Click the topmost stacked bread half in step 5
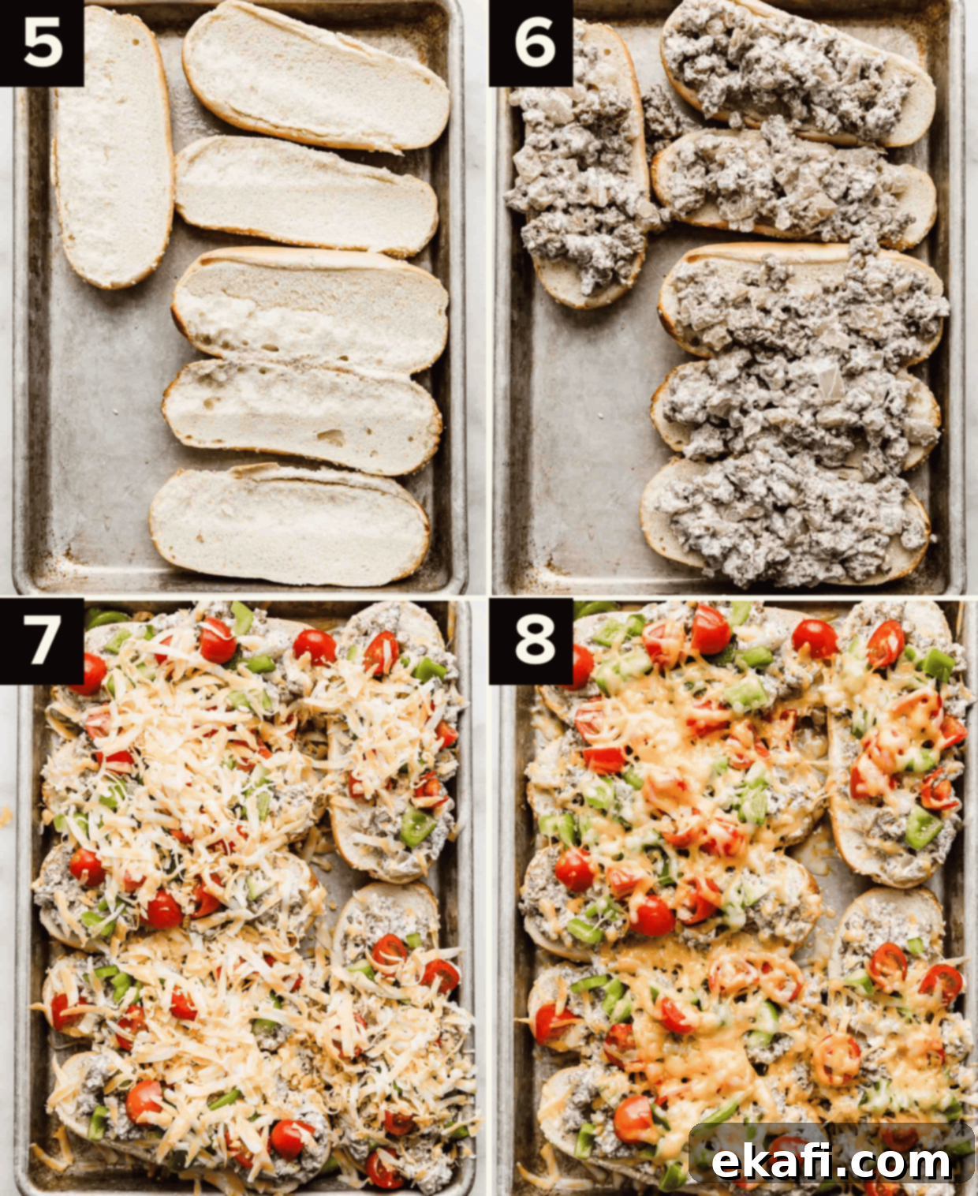click(x=315, y=77)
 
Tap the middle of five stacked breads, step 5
click(x=310, y=309)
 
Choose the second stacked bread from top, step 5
click(x=307, y=196)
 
